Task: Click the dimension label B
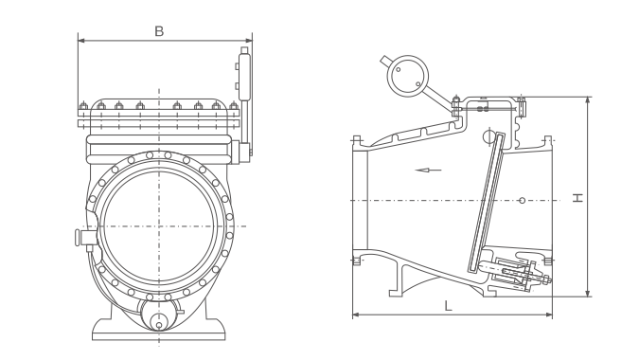[x=159, y=31]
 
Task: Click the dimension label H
[x=577, y=198]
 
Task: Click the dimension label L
[x=448, y=306]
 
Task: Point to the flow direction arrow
[x=428, y=170]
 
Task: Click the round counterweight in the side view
[x=407, y=76]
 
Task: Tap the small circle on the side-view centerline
[x=522, y=200]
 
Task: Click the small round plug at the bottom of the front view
[x=159, y=325]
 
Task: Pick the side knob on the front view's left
[x=78, y=237]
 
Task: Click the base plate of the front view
[x=158, y=330]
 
